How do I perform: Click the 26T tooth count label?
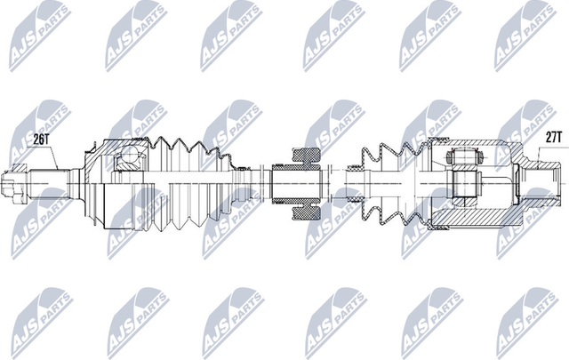(x=42, y=139)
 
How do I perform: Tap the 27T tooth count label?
(x=553, y=136)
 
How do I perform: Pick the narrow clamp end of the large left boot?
(x=242, y=184)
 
